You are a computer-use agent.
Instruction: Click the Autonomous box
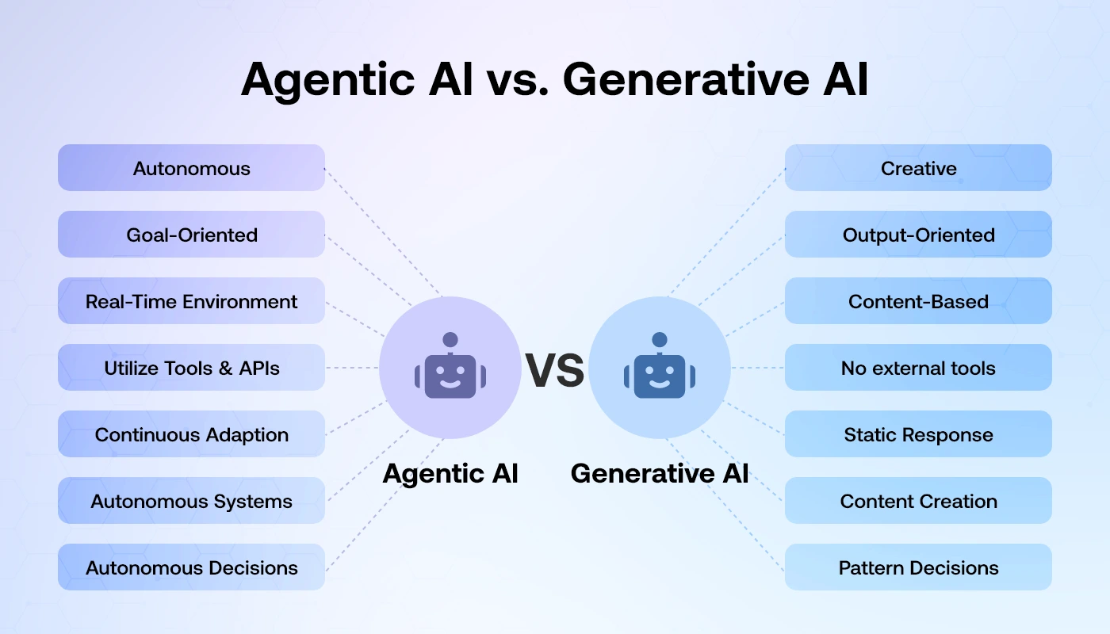(191, 168)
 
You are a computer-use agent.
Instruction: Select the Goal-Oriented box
(191, 235)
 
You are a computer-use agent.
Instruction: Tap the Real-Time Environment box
(191, 301)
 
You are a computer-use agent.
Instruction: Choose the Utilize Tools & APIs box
(191, 368)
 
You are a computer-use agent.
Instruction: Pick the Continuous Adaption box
(191, 434)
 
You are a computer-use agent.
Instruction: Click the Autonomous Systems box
(191, 501)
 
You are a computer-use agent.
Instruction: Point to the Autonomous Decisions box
(191, 567)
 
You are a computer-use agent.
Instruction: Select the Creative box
(918, 168)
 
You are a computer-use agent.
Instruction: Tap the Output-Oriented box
(918, 235)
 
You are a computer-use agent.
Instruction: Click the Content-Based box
(918, 301)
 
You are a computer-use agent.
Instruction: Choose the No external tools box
(918, 368)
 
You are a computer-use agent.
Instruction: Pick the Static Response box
(918, 434)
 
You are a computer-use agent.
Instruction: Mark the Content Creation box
(918, 501)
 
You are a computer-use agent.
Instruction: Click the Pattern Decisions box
(918, 567)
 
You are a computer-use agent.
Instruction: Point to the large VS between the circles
(555, 370)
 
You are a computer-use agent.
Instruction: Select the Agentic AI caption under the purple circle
(450, 473)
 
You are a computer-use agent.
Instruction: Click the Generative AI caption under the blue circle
(660, 473)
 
